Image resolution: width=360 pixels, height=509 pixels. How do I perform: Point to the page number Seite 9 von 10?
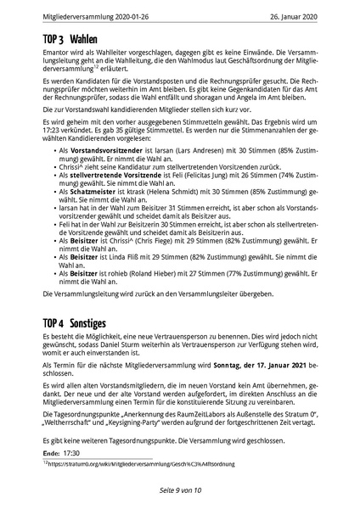[x=179, y=491]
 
